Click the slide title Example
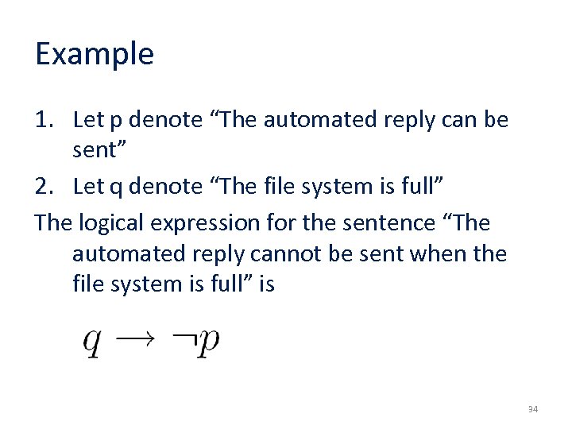point(95,54)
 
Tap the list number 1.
point(43,120)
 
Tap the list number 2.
point(43,186)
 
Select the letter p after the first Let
point(116,122)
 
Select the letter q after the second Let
point(116,188)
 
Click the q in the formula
point(93,343)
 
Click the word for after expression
point(310,222)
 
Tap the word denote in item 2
point(165,187)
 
